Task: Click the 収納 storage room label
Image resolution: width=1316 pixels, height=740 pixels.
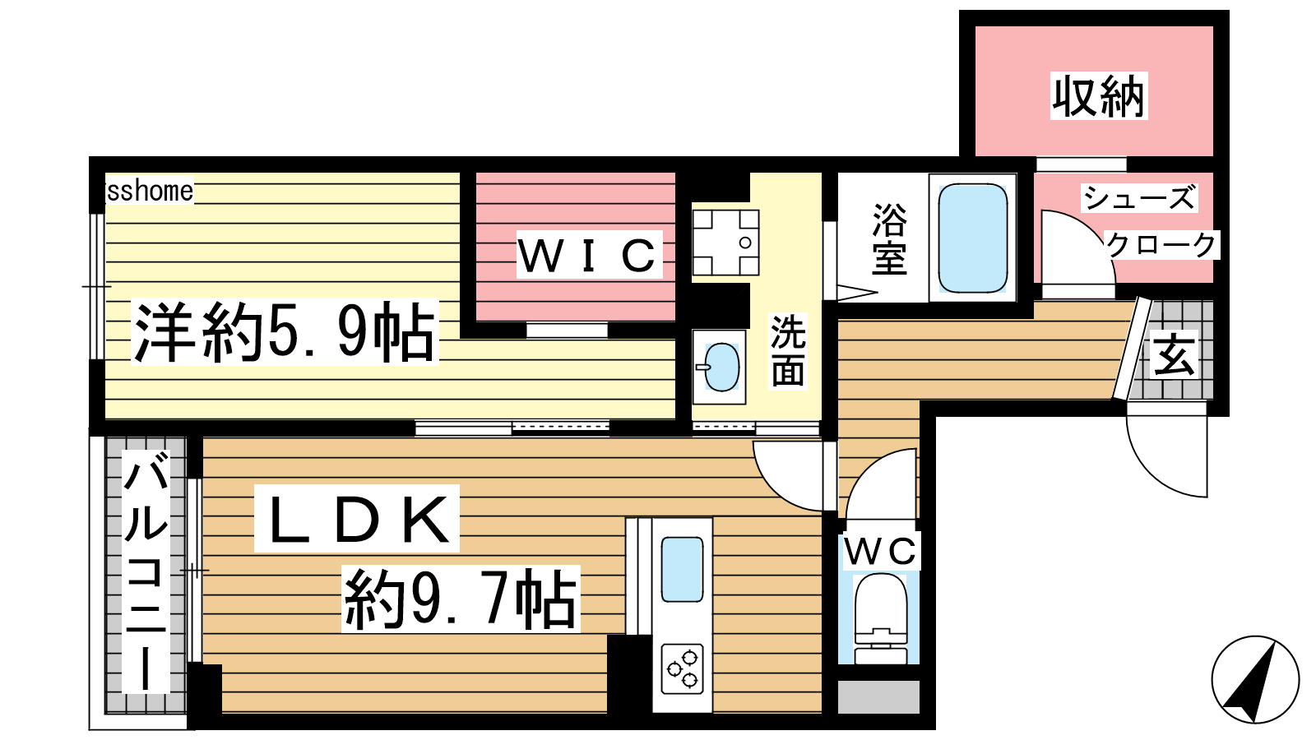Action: point(1099,96)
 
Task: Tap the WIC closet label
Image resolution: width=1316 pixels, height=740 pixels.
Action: point(589,255)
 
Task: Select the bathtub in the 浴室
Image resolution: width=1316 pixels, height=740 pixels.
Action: point(973,238)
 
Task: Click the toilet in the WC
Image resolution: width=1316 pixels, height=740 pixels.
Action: point(879,617)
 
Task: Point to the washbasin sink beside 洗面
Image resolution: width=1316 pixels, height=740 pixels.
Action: point(721,367)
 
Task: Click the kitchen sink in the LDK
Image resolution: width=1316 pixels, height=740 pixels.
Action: point(682,569)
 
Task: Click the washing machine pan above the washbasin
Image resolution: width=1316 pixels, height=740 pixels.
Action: point(725,243)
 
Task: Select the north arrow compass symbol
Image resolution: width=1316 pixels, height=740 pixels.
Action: point(1255,679)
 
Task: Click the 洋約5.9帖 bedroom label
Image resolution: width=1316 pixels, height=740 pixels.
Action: point(285,332)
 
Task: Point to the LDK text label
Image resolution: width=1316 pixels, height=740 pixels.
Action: point(357,519)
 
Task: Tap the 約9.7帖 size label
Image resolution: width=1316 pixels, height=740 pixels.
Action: point(461,599)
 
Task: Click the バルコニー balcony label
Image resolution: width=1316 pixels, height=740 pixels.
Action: point(146,571)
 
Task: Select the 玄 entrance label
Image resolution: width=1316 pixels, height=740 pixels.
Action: point(1174,355)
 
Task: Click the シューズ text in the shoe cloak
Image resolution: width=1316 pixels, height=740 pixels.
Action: point(1139,197)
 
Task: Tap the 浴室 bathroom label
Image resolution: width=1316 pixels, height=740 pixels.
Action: point(889,238)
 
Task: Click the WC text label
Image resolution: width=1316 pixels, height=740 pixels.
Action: point(881,551)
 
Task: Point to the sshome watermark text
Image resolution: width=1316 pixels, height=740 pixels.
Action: point(150,190)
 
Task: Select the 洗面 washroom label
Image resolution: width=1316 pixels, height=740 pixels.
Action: point(788,351)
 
